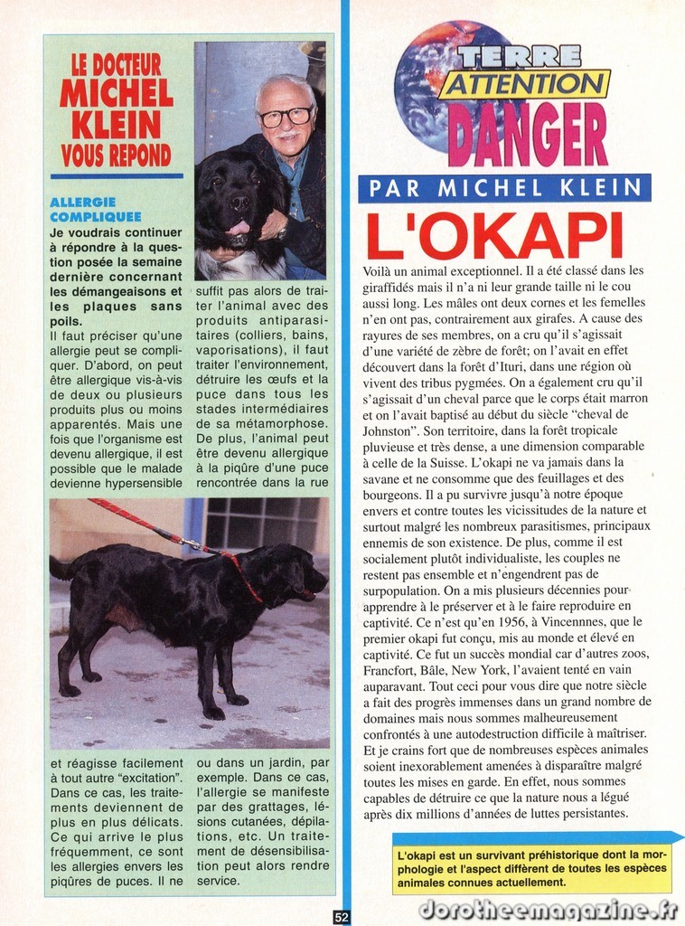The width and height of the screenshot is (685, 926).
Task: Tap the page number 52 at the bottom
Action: [x=342, y=916]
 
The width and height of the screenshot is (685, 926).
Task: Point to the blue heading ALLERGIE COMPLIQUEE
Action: [x=96, y=210]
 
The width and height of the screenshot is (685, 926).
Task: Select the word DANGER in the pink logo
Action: [x=527, y=133]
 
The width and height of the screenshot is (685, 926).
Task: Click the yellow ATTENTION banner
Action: [x=524, y=84]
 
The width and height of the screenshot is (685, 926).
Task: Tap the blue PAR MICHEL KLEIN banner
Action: [x=504, y=188]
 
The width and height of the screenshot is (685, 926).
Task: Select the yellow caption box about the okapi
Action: [x=531, y=867]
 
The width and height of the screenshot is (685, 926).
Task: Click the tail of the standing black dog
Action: [x=60, y=569]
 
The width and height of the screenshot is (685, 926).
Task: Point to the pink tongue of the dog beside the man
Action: [x=238, y=229]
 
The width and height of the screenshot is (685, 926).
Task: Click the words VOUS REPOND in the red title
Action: [x=116, y=156]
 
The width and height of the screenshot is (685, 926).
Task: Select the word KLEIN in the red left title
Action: [x=116, y=124]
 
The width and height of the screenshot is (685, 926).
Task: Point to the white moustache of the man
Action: [x=286, y=137]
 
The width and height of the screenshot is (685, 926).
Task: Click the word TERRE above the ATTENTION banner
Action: [x=518, y=56]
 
